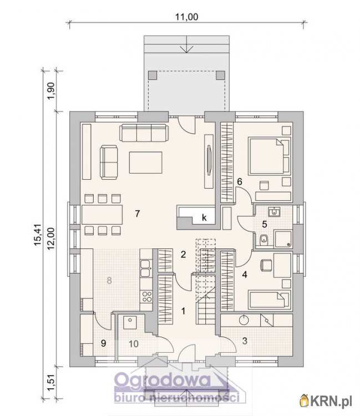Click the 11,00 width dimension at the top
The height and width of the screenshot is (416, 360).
pos(186,17)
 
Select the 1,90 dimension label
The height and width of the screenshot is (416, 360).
pos(51,91)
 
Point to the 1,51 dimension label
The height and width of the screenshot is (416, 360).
pos(50,383)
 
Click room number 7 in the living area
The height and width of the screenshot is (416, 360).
pos(137,214)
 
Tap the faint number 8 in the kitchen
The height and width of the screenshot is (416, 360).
pos(109,280)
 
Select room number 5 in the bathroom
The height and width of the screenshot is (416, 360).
pos(265,224)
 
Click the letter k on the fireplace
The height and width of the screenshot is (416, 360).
pos(204,218)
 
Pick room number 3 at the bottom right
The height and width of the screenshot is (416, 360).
pos(245,341)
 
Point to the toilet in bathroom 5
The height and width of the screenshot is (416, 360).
pos(263,240)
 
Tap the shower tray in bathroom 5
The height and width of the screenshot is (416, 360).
pos(283,239)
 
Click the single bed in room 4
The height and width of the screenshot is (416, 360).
pos(269,300)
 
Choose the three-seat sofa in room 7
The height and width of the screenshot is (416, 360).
pos(144,133)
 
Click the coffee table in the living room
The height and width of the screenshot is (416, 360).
pos(146,163)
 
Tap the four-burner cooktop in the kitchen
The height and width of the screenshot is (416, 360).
pos(146,297)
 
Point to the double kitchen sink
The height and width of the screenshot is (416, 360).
pos(145,268)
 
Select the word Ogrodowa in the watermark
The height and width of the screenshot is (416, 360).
pos(163,380)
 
